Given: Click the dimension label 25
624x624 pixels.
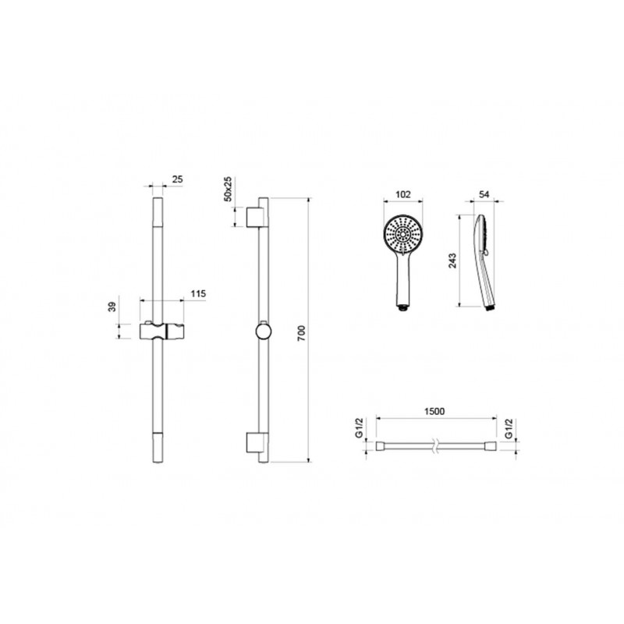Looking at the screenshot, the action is click(x=178, y=179).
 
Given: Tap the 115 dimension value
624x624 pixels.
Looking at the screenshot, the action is click(x=198, y=294).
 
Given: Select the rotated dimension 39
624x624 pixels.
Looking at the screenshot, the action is click(x=112, y=307).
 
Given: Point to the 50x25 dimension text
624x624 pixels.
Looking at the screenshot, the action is click(x=228, y=189).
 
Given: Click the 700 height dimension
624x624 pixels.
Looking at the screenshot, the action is click(x=301, y=333).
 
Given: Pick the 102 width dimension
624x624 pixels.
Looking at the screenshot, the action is click(x=402, y=194).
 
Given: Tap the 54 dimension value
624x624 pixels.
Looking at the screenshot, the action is click(x=484, y=194).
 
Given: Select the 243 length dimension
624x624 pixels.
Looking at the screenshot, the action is click(x=452, y=261).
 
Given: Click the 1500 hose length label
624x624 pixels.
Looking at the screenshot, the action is click(x=434, y=411).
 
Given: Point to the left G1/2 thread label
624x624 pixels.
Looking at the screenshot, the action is click(x=360, y=428).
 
